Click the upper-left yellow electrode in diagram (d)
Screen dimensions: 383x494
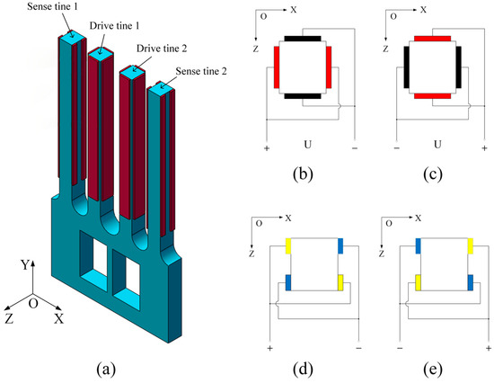click(x=287, y=245)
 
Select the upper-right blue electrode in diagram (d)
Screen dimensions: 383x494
click(x=340, y=245)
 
